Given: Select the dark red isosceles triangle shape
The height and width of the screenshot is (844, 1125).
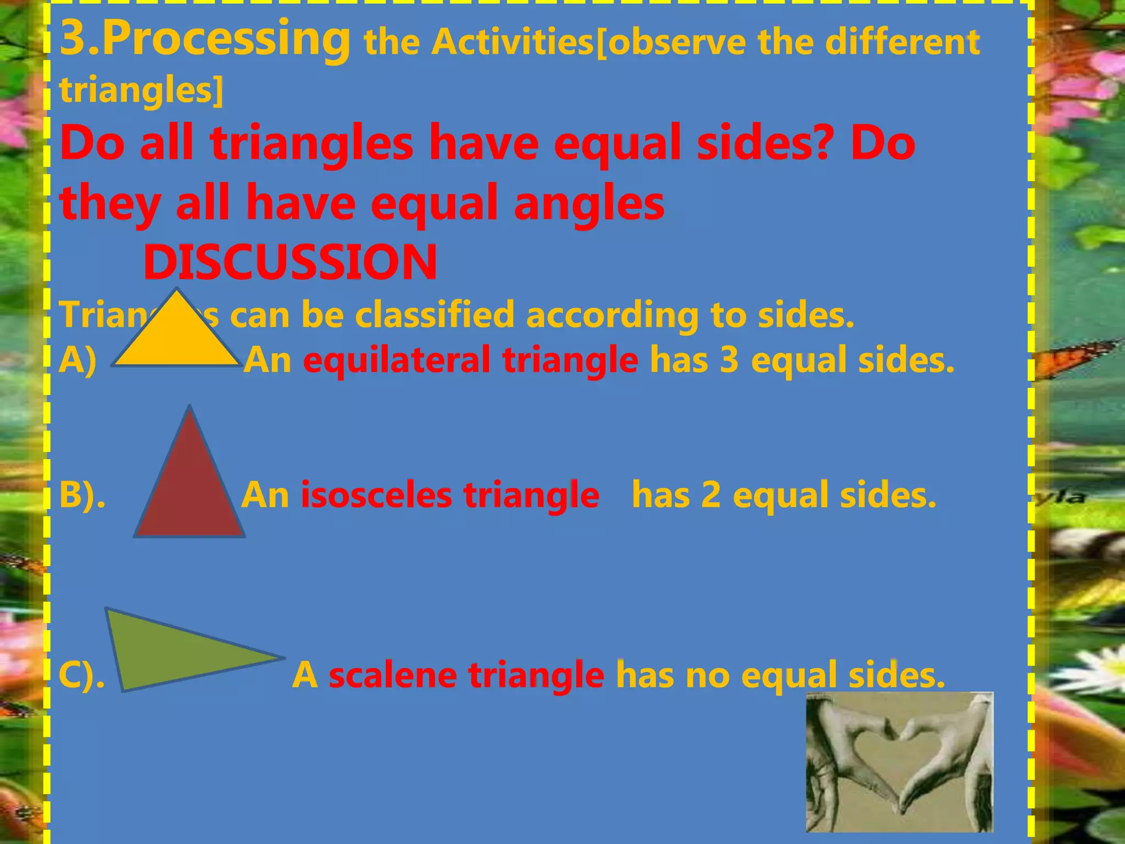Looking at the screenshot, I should (190, 489).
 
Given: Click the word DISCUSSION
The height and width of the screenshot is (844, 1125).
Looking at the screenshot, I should (290, 262).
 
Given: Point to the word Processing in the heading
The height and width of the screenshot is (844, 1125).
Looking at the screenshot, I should (225, 38).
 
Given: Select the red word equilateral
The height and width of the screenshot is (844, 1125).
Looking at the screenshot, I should (397, 360).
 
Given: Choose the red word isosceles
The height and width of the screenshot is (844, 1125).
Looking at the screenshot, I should (377, 495).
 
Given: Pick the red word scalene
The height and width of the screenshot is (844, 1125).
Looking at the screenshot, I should (392, 675).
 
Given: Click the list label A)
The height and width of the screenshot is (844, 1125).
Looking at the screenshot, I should (77, 360).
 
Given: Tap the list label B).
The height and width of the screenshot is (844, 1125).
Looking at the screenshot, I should (82, 495).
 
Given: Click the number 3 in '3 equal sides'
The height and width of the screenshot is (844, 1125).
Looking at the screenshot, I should (729, 360).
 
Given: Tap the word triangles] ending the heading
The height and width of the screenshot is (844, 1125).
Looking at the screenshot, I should (142, 89).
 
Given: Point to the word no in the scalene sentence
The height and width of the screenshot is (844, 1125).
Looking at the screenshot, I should (708, 675).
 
